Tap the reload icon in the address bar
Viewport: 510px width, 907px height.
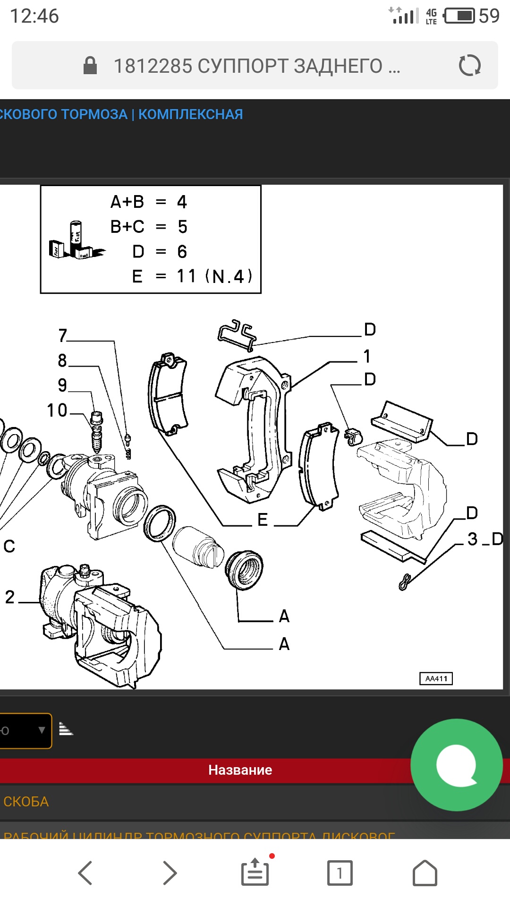pos(469,65)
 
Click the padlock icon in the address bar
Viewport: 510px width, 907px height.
pos(90,66)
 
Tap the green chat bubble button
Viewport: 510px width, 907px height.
pos(456,765)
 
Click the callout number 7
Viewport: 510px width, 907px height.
pos(63,335)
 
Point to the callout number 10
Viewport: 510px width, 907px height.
pos(57,410)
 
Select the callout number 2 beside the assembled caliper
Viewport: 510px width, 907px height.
pos(10,597)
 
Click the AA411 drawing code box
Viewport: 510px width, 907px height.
pos(436,678)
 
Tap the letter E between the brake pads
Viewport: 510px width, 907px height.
pos(263,520)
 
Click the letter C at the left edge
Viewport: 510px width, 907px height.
pos(9,547)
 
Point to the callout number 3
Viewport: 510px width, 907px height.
pos(472,539)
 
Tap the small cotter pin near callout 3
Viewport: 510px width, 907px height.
pos(405,582)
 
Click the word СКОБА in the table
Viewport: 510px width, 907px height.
pos(26,802)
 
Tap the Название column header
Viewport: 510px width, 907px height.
pos(240,770)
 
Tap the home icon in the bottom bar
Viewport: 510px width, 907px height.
pos(425,873)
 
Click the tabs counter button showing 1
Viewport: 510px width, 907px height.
pos(340,873)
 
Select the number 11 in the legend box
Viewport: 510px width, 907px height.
pos(186,276)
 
